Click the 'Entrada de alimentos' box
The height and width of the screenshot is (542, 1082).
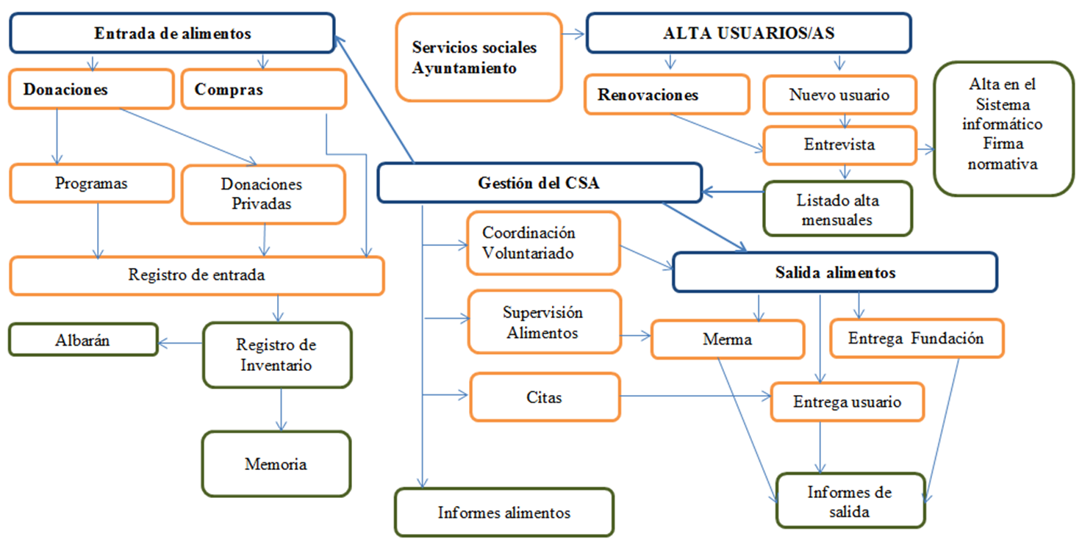coord(172,34)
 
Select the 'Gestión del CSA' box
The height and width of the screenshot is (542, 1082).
coord(539,183)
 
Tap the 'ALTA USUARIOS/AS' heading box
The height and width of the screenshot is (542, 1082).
coord(748,34)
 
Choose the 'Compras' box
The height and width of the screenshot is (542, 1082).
coord(263,90)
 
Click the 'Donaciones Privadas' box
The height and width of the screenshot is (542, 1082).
coord(262,194)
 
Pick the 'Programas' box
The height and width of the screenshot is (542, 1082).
coord(90,184)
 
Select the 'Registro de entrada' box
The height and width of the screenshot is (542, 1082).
coord(196,275)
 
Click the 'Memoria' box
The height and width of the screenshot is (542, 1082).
coord(276,463)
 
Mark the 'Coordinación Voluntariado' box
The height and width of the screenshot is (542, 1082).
coord(543,243)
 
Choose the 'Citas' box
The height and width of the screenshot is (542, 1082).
coord(544,397)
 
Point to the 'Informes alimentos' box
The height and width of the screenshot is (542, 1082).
coord(504,512)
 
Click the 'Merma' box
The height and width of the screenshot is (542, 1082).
coord(727,339)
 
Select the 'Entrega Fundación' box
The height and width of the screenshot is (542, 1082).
coord(916,339)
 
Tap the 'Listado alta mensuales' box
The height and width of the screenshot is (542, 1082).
coord(837,209)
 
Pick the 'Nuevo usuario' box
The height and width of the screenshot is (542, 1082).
coord(839,95)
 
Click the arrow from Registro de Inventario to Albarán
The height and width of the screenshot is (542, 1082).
coord(181,342)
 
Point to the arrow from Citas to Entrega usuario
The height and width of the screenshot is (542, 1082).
coord(695,397)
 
